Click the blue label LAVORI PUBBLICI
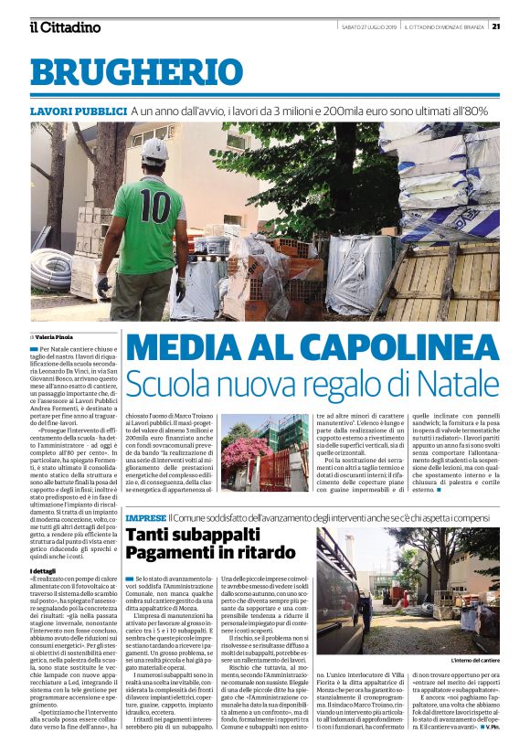pyautogui.click(x=78, y=111)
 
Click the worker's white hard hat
pyautogui.click(x=154, y=150)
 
